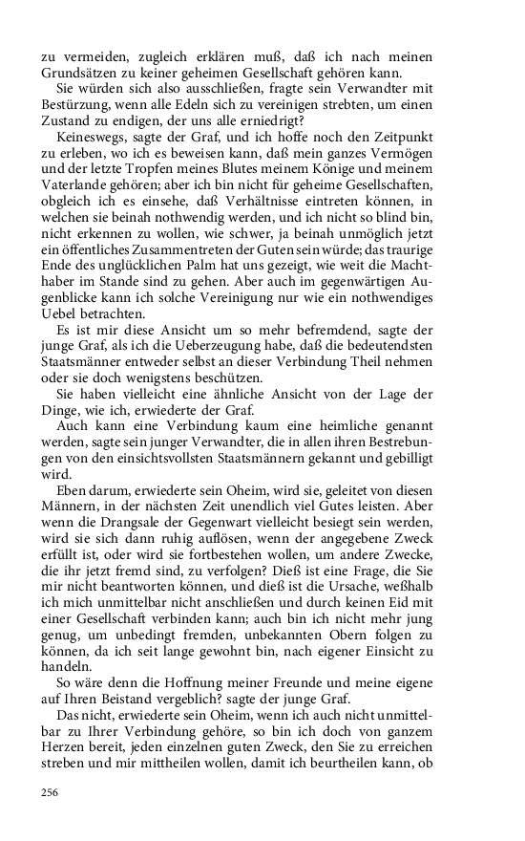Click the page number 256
[50, 792]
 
